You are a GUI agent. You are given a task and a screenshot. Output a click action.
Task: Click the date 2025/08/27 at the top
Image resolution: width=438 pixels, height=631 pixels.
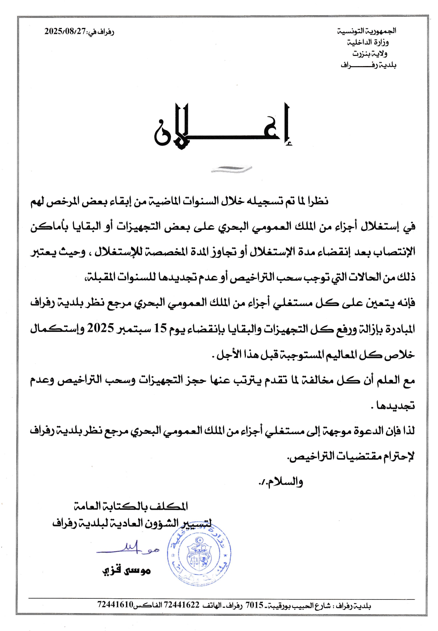point(65,31)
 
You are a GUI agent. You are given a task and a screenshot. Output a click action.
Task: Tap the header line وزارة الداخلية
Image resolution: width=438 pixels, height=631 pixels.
point(368,42)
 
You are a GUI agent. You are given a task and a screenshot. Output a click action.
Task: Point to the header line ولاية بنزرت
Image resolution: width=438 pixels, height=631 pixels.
point(370,54)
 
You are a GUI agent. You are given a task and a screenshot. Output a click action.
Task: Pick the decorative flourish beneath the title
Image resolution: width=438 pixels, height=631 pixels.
point(231,168)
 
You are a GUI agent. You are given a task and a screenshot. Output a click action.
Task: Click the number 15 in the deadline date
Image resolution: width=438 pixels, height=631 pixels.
point(160,329)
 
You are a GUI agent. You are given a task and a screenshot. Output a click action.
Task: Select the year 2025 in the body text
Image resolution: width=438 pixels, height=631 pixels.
point(100,329)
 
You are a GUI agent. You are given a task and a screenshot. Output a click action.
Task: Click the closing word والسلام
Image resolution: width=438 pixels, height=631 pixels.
point(285,482)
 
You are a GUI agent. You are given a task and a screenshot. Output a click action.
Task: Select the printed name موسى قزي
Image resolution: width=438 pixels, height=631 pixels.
point(126,571)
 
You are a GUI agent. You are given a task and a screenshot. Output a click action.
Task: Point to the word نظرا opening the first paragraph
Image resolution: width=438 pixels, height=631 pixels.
point(318,200)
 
